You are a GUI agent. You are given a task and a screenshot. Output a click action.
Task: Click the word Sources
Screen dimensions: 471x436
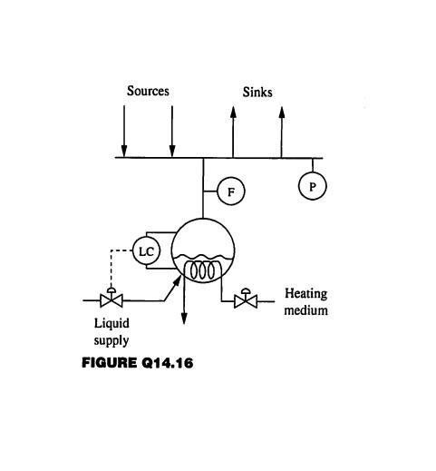(x=148, y=91)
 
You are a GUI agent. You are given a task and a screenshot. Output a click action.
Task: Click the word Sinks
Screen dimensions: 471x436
(x=257, y=93)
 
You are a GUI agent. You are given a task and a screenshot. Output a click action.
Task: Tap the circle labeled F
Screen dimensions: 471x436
(x=230, y=191)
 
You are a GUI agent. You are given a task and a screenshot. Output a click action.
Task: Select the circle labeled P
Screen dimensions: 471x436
(x=313, y=185)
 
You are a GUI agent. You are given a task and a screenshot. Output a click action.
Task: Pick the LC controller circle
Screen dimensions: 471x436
(x=146, y=250)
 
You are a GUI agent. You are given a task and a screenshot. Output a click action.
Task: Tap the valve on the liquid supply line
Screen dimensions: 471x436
(x=111, y=299)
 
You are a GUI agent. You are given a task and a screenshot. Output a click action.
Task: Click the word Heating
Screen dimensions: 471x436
(x=305, y=293)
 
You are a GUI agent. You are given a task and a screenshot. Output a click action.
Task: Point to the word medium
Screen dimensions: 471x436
(x=306, y=309)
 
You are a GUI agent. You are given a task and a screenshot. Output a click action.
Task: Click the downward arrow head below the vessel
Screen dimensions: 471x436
(x=184, y=318)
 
